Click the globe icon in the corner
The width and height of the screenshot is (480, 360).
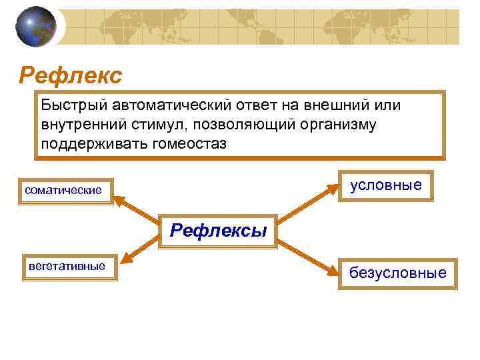click(x=36, y=26)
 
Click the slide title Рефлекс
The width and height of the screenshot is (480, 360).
click(x=71, y=75)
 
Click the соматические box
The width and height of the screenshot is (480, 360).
click(x=64, y=191)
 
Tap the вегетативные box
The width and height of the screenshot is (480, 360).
click(x=67, y=267)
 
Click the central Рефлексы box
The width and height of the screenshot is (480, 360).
click(x=219, y=231)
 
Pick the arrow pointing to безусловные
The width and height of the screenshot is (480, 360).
click(x=307, y=257)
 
